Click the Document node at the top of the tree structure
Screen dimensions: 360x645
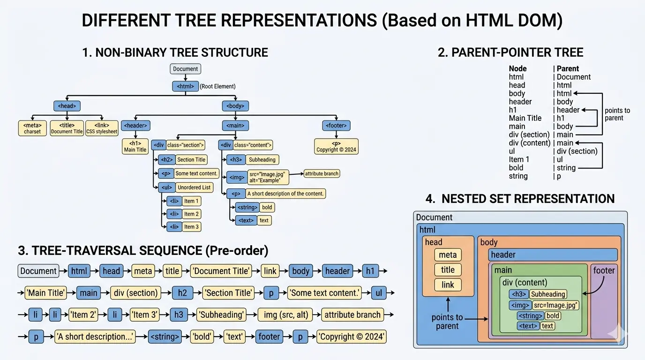pos(185,69)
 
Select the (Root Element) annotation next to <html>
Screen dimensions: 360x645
pos(217,86)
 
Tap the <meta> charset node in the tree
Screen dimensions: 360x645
pos(32,128)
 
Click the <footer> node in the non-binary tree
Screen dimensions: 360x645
pos(336,125)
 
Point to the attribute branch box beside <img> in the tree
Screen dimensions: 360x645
pos(322,173)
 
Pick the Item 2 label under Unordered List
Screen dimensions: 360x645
pos(191,214)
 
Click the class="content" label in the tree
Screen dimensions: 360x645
pos(252,145)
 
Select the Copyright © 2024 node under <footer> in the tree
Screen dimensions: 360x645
pos(336,147)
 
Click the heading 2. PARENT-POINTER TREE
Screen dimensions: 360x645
pos(510,52)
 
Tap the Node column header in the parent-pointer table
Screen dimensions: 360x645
pos(517,68)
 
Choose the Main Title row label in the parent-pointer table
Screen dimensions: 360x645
pos(525,118)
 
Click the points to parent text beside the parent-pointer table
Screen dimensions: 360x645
pos(617,114)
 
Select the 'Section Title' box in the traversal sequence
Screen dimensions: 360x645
pos(228,293)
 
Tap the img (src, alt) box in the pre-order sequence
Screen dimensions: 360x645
pos(286,315)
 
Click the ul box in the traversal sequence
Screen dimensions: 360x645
pos(379,293)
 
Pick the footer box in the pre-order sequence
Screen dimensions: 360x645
pos(269,337)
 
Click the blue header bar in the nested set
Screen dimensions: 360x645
pos(553,255)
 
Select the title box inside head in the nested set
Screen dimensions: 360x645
pos(448,270)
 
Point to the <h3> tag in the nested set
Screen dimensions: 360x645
pos(518,294)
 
